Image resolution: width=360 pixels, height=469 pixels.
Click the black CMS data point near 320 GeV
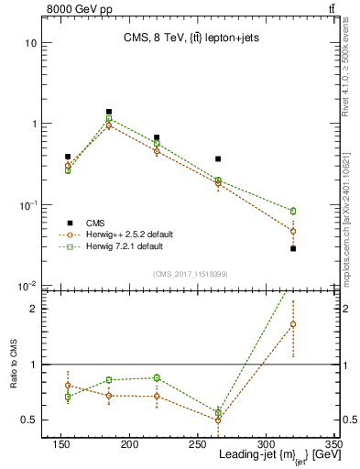(x=293, y=248)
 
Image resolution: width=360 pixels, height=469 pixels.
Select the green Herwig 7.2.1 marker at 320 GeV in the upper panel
(x=293, y=211)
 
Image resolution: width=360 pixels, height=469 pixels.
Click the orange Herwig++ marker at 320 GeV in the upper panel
(x=293, y=231)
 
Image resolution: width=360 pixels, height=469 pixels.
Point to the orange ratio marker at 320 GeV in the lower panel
(x=293, y=324)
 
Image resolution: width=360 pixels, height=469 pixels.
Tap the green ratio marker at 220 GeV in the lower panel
(x=157, y=377)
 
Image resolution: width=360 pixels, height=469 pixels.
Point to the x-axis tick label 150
(x=61, y=444)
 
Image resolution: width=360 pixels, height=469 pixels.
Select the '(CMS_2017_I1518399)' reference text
(x=190, y=273)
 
